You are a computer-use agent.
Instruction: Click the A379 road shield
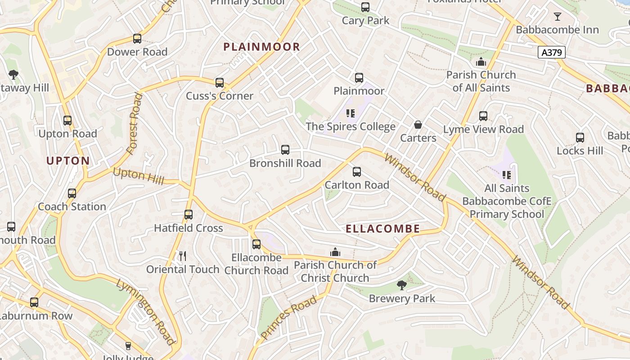(551, 53)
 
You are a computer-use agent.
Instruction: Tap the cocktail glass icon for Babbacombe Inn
(558, 17)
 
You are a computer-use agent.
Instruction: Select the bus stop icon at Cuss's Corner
(220, 83)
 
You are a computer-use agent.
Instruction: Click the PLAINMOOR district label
(261, 47)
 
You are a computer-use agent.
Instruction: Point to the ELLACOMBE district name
(382, 229)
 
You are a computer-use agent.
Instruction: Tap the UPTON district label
(68, 161)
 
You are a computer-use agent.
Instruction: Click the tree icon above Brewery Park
(401, 285)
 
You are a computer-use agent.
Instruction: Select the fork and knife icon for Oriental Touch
(183, 256)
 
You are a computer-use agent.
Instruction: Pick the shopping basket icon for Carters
(418, 125)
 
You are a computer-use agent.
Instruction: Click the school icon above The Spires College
(351, 113)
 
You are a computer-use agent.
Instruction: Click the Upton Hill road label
(139, 175)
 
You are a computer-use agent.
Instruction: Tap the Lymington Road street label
(145, 311)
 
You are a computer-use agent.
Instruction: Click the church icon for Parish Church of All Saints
(481, 62)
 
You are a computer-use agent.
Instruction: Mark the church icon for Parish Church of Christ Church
(335, 252)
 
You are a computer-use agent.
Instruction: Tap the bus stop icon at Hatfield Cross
(189, 215)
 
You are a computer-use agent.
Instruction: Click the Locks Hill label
(580, 150)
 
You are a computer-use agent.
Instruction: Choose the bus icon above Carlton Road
(357, 172)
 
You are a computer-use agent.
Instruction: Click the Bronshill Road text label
(285, 163)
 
